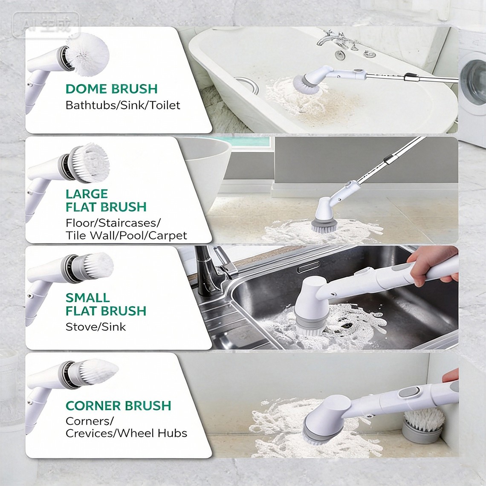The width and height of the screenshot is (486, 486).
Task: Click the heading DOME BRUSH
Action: pyautogui.click(x=112, y=89)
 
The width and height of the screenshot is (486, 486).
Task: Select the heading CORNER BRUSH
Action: pyautogui.click(x=119, y=405)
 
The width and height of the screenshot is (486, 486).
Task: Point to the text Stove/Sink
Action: pyautogui.click(x=96, y=327)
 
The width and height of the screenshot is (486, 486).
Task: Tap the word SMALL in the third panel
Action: pyautogui.click(x=88, y=298)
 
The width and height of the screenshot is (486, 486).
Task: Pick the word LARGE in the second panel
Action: pyautogui.click(x=87, y=194)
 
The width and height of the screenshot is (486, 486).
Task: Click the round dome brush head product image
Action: pyautogui.click(x=87, y=55)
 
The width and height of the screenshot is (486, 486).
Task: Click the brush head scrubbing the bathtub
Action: pyautogui.click(x=306, y=84)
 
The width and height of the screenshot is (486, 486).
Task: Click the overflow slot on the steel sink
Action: pyautogui.click(x=308, y=267)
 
